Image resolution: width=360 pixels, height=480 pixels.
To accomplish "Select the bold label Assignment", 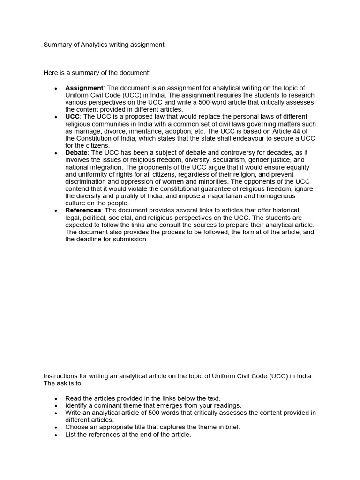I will (84, 88).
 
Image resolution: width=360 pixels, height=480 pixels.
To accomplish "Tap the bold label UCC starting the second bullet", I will (72, 116).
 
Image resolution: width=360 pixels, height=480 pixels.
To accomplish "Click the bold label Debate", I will (76, 153).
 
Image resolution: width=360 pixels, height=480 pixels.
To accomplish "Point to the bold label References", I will (83, 210).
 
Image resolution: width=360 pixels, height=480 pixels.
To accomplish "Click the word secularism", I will (211, 160).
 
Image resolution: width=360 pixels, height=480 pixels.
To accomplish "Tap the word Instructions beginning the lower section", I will (61, 376).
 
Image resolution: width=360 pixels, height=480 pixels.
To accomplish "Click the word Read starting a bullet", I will (73, 398).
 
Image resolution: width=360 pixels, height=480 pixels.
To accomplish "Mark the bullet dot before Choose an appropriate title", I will (56, 427).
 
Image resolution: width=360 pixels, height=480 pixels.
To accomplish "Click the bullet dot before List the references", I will (56, 435).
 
